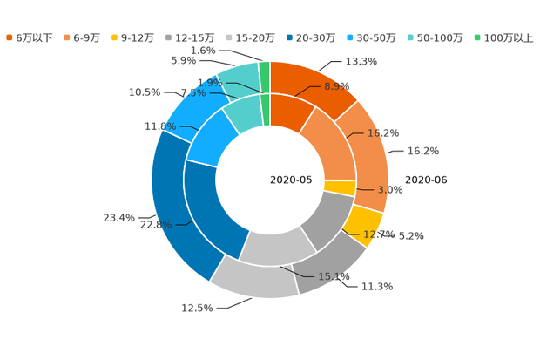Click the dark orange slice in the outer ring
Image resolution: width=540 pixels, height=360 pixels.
(314, 83)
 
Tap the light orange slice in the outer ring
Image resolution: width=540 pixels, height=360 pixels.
(371, 153)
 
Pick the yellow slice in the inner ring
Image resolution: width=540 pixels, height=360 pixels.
(340, 187)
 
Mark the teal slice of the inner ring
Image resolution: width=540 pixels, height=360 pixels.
(243, 113)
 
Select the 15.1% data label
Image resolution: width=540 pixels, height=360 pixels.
(334, 277)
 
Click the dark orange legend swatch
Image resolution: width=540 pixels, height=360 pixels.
(10, 37)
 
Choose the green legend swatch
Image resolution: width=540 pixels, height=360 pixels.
(476, 37)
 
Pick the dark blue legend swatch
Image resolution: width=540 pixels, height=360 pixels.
(287, 37)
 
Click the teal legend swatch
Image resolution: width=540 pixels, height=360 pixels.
(409, 37)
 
